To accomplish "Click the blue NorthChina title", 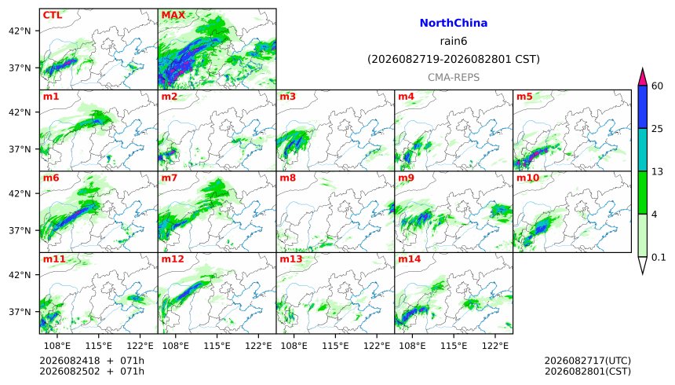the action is click(x=454, y=23).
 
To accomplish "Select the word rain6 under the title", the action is click(x=454, y=41).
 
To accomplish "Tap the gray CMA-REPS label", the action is click(x=454, y=77).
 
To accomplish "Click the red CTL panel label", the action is click(x=52, y=15).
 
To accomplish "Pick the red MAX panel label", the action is click(x=173, y=15).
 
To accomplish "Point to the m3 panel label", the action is click(x=287, y=97).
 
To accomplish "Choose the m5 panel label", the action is click(x=524, y=97).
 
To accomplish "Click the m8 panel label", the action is click(x=287, y=178).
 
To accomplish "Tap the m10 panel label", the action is click(x=527, y=178).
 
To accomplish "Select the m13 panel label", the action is click(x=290, y=259).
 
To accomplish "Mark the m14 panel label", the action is click(x=409, y=259).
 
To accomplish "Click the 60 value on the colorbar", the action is click(x=657, y=86).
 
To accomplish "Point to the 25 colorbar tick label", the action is click(x=657, y=129).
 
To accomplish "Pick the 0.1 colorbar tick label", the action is click(x=659, y=258).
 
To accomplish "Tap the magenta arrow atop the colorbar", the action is click(x=642, y=77).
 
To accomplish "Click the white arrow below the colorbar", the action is click(x=642, y=264).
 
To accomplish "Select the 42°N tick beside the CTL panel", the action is click(x=20, y=31).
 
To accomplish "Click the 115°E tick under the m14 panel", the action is click(x=454, y=346).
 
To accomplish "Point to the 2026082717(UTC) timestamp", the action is click(x=588, y=361).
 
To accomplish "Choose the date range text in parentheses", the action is click(x=454, y=59).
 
